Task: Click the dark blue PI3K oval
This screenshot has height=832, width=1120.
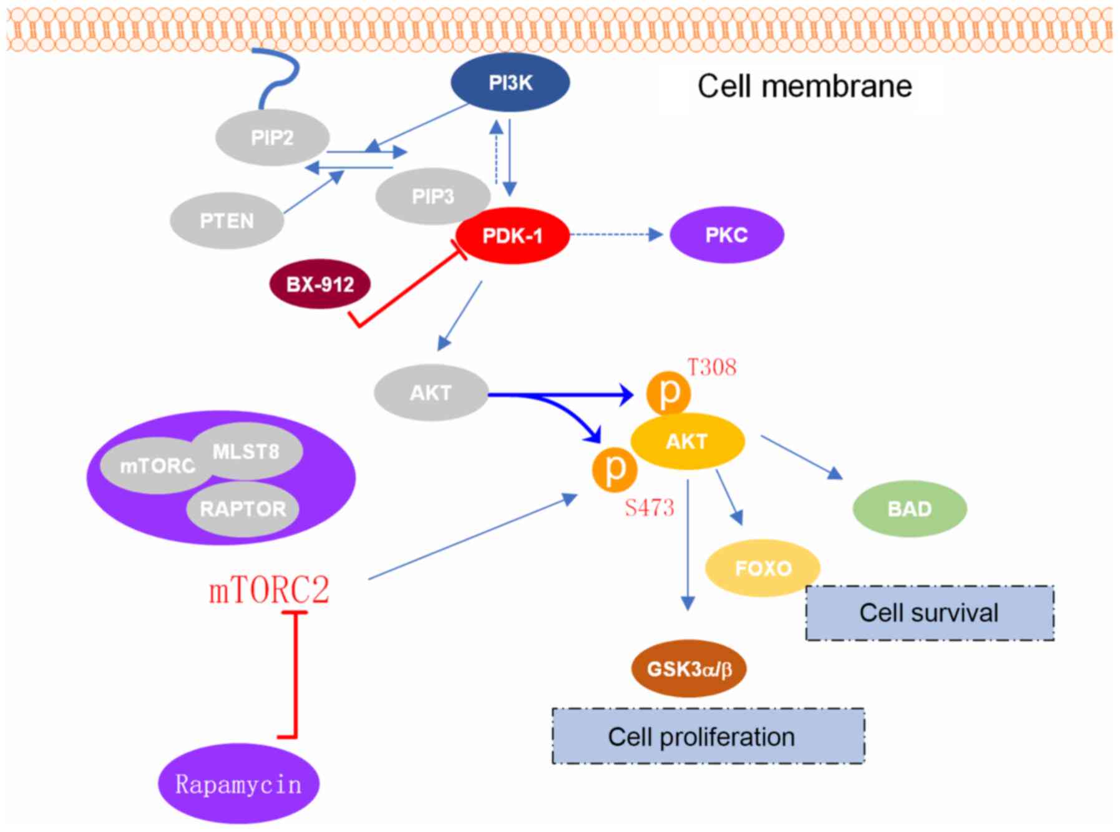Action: pyautogui.click(x=510, y=82)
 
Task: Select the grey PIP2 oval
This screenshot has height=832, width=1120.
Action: pyautogui.click(x=272, y=137)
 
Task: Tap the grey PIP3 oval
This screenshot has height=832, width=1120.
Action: pyautogui.click(x=432, y=196)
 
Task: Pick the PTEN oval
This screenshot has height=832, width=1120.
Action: pyautogui.click(x=226, y=221)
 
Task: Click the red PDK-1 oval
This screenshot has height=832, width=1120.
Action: pyautogui.click(x=512, y=236)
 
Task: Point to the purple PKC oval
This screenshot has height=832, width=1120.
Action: pyautogui.click(x=726, y=235)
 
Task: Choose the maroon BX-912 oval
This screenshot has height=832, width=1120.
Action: pyautogui.click(x=319, y=285)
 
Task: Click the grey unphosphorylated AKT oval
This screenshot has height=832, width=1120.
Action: pyautogui.click(x=431, y=393)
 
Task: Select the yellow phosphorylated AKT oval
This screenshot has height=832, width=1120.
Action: pyautogui.click(x=687, y=441)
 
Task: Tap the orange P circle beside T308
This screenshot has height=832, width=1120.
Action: pyautogui.click(x=668, y=393)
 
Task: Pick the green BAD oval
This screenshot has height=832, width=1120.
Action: pyautogui.click(x=909, y=509)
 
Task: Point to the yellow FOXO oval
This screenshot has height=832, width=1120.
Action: pyautogui.click(x=762, y=568)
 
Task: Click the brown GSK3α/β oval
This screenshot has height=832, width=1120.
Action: pyautogui.click(x=689, y=669)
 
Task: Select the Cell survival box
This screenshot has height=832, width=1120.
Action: pyautogui.click(x=929, y=613)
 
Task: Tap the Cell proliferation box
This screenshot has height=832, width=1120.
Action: pyautogui.click(x=708, y=737)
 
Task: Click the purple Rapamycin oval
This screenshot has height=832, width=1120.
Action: pyautogui.click(x=238, y=784)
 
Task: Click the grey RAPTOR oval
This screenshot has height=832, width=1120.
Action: pyautogui.click(x=243, y=509)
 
